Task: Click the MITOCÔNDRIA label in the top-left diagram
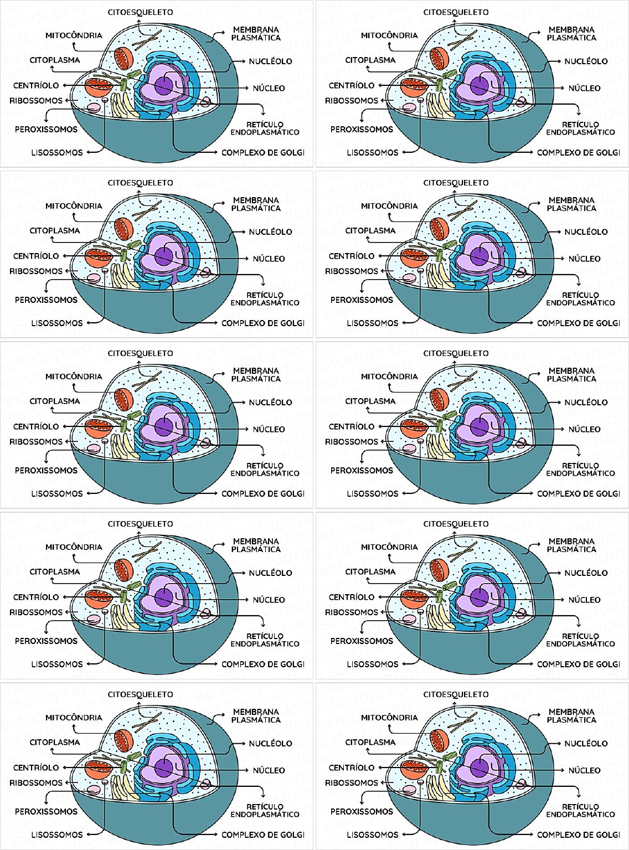[74, 35]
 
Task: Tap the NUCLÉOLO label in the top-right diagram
[586, 61]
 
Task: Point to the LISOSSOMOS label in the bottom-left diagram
[57, 835]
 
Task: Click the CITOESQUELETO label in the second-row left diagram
[140, 183]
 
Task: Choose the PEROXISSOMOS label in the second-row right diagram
[362, 300]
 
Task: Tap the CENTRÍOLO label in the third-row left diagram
[36, 427]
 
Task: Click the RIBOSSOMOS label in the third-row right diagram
[352, 442]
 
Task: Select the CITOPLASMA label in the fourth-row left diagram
[55, 572]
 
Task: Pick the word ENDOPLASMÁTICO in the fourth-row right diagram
[580, 644]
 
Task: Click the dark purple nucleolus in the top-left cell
[163, 86]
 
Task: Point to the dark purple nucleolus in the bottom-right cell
[479, 768]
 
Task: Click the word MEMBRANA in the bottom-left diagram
[256, 712]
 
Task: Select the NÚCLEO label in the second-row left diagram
[269, 259]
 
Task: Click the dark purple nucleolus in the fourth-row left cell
[163, 597]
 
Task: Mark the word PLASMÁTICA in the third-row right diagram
[571, 379]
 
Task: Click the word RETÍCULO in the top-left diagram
[265, 125]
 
